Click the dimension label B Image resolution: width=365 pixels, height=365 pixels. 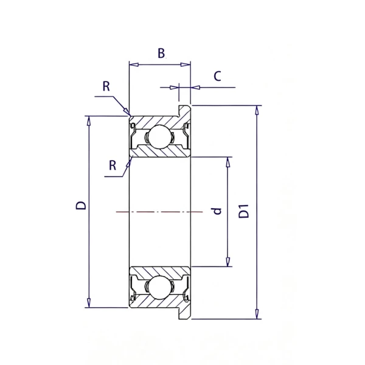coord(161,53)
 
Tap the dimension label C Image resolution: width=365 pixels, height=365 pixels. coord(217,76)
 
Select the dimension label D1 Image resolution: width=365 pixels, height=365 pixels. coord(244,211)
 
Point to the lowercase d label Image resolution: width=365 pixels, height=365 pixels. coord(217,211)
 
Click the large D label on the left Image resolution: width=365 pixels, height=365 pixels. coord(81,206)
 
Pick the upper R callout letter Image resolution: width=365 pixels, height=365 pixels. coord(106,86)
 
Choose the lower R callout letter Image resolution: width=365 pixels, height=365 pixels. coord(113,165)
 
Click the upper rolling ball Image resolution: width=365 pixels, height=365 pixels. coord(160,137)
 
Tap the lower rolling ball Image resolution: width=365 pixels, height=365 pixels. coord(160,287)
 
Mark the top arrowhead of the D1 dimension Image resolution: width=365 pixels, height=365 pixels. coord(257,110)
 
